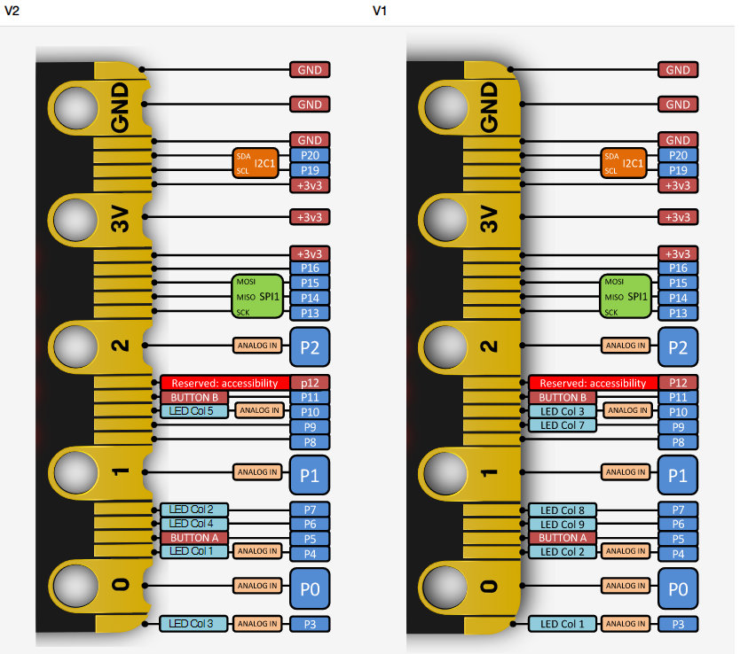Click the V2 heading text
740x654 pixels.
[x=12, y=11]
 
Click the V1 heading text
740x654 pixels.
[x=380, y=11]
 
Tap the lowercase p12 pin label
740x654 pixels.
[x=310, y=383]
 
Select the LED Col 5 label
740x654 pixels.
[x=194, y=411]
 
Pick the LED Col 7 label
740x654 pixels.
[x=562, y=425]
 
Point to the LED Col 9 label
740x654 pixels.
[x=562, y=524]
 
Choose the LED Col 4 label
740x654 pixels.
[x=194, y=524]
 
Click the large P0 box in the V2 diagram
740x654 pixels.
[x=310, y=589]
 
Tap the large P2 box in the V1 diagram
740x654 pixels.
[x=678, y=347]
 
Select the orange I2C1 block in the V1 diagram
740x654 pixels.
[x=624, y=163]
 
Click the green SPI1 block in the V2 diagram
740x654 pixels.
[x=257, y=296]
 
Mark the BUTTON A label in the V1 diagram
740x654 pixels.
[x=562, y=538]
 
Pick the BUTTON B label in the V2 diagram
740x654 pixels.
[x=194, y=397]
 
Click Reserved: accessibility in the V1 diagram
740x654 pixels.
[x=594, y=383]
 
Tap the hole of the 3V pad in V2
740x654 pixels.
[x=75, y=220]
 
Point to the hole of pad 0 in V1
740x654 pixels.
[x=445, y=587]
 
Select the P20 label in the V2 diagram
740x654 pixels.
[x=310, y=155]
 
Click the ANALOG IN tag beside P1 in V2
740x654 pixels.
[x=257, y=472]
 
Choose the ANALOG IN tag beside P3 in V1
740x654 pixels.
[x=626, y=624]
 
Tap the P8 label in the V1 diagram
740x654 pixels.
[x=678, y=442]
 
